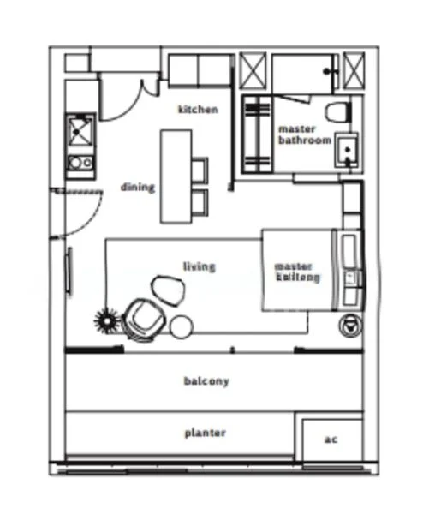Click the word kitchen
click(x=198, y=109)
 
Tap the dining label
click(x=137, y=187)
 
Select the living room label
click(x=200, y=266)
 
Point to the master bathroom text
click(x=304, y=134)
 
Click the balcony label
click(x=206, y=380)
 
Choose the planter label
click(x=206, y=433)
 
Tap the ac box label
click(x=330, y=439)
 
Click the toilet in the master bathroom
click(x=338, y=111)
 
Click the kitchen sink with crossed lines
click(x=82, y=132)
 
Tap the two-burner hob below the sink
click(x=80, y=162)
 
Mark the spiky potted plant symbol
click(x=105, y=321)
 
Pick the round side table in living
click(x=182, y=326)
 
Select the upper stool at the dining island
click(x=200, y=170)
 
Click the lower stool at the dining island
click(x=200, y=202)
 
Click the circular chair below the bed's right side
click(x=349, y=325)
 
